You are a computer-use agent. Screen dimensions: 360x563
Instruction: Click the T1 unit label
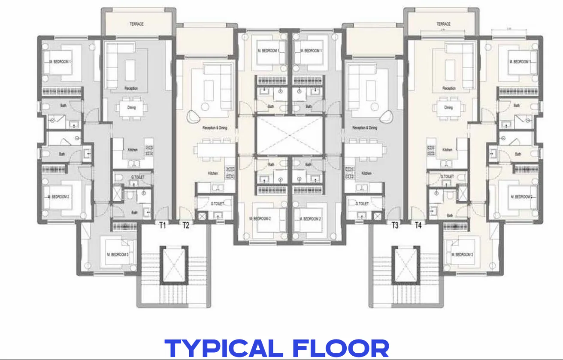pos(163,225)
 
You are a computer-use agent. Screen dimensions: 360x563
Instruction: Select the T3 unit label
pos(395,225)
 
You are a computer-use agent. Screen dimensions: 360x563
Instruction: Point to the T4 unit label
pos(418,225)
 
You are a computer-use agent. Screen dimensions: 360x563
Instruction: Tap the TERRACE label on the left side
pos(137,24)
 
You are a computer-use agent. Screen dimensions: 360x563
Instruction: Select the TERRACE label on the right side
pos(443,24)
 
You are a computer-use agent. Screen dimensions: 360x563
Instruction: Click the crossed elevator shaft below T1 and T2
pos(174,265)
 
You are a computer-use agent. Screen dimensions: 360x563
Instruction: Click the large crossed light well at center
pos(290,136)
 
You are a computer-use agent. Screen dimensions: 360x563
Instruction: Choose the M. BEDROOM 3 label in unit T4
pos(462,254)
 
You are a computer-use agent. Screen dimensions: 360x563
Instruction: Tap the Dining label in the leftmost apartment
pos(132,108)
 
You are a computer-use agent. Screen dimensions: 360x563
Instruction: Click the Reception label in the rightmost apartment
pos(449,88)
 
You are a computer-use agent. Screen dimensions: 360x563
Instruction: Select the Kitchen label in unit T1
pos(133,150)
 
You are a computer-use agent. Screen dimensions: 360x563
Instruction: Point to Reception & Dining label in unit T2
pos(215,128)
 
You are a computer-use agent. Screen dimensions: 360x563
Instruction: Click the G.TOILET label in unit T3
pos(363,203)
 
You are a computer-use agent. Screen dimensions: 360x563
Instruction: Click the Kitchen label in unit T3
pos(366,173)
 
